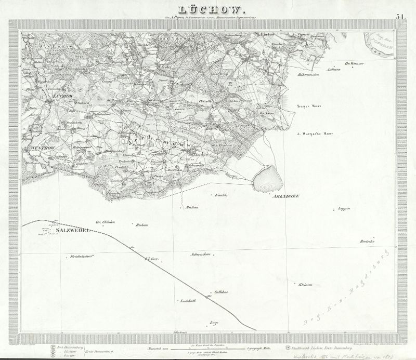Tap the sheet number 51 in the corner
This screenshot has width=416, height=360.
click(x=400, y=16)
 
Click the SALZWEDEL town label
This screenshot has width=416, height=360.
click(x=68, y=230)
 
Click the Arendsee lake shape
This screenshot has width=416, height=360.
click(x=268, y=178)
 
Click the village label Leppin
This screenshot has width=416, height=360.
click(x=344, y=208)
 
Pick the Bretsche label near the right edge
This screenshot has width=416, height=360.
click(x=367, y=242)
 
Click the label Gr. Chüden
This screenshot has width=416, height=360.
click(x=105, y=222)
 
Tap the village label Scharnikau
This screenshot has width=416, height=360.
click(x=200, y=254)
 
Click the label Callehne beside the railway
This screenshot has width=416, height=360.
click(x=222, y=292)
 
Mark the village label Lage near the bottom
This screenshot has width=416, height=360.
click(x=213, y=323)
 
